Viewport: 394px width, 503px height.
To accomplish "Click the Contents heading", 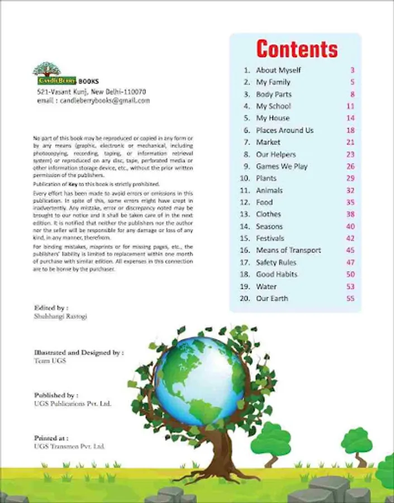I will click(x=297, y=49).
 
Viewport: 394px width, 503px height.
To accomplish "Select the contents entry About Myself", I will click(x=278, y=70).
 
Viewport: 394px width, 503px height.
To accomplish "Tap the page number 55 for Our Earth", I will click(x=350, y=298).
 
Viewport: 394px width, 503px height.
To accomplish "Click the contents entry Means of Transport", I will click(x=288, y=250).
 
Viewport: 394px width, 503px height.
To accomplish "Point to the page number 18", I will click(x=350, y=130).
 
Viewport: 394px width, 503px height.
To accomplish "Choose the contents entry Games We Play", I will click(x=282, y=166).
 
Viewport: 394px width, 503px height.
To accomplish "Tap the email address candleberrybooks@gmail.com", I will click(x=93, y=101).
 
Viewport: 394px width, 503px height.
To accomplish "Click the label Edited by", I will click(x=51, y=307).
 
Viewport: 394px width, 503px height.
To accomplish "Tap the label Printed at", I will click(x=51, y=438).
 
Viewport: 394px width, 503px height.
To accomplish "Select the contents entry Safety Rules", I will click(x=276, y=262).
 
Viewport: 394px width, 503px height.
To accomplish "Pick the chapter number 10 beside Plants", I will click(x=244, y=178).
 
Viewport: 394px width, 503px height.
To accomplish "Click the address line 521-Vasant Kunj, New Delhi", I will click(x=92, y=92).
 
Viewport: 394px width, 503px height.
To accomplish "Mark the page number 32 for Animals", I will click(x=350, y=190).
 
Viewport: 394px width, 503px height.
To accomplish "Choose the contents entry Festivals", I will click(x=270, y=238).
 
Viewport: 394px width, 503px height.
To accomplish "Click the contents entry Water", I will click(x=266, y=287).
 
